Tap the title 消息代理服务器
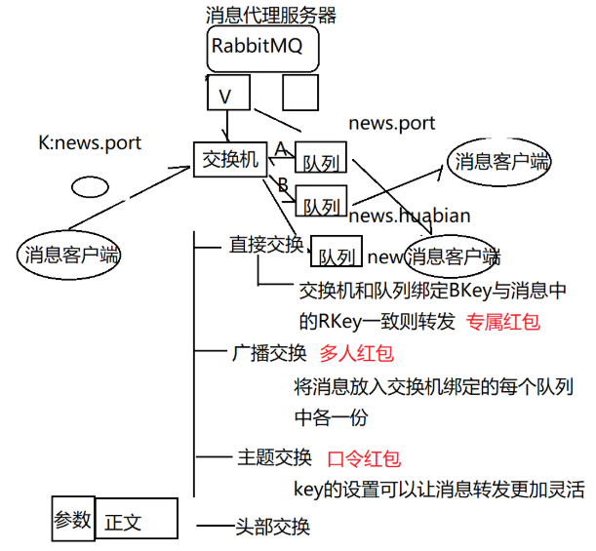pos(271,15)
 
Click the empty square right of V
pos(301,93)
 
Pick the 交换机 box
pos(230,159)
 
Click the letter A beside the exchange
pos(280,148)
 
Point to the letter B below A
pos(283,184)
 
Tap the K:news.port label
pos(90,143)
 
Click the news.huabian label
pos(409,216)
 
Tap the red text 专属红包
pos(502,321)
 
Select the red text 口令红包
pos(363,458)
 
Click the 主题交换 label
pos(274,457)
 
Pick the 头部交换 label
pos(272,527)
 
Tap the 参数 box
pos(73,519)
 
